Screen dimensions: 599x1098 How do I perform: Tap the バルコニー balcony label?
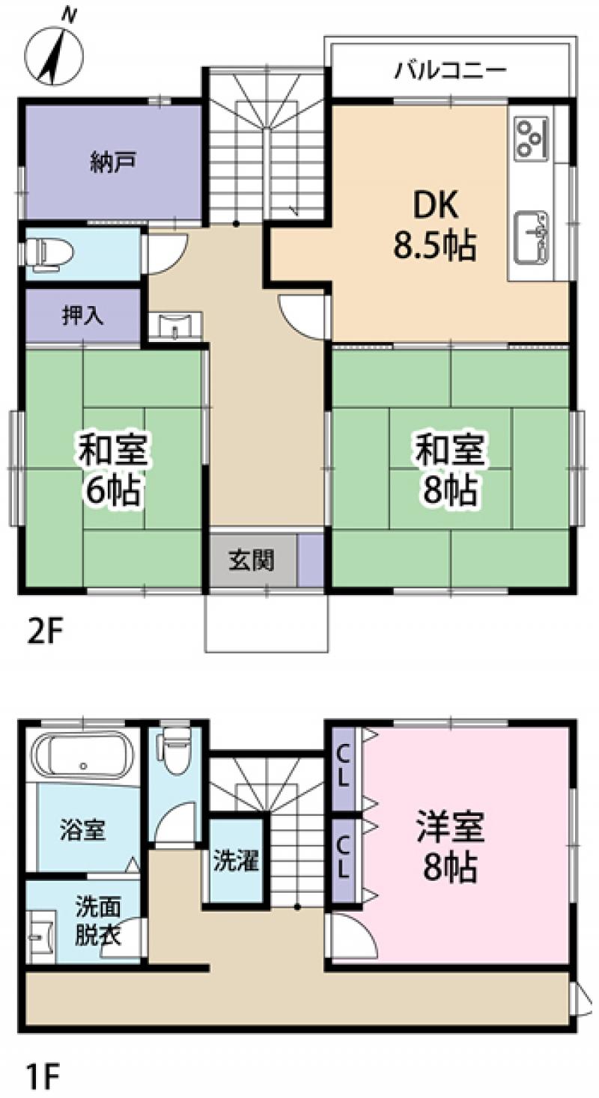[x=451, y=71]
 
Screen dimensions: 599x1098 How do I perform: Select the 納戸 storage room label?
[x=113, y=162]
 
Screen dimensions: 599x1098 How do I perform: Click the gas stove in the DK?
[x=531, y=138]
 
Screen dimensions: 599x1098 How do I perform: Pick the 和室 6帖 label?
[x=113, y=467]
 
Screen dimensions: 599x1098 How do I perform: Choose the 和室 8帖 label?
[x=450, y=467]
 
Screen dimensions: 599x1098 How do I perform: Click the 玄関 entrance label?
[x=252, y=560]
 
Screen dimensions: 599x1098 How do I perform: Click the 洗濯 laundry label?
[x=236, y=861]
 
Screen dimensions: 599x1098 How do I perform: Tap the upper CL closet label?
[x=343, y=768]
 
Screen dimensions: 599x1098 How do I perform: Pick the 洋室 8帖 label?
[x=450, y=847]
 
